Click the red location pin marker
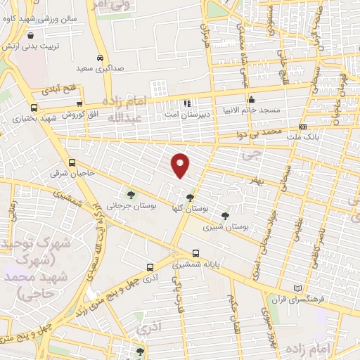click(181, 165)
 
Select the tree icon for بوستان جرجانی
click(129, 195)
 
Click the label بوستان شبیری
click(226, 228)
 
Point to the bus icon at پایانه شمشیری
click(195, 254)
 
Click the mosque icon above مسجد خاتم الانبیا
click(250, 99)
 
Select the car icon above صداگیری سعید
click(101, 58)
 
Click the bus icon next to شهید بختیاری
click(34, 108)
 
